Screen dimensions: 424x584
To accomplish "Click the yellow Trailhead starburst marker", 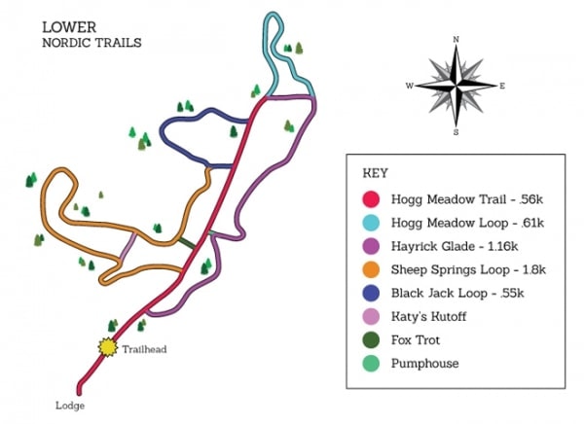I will pyautogui.click(x=105, y=346).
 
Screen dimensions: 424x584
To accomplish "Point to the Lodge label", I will pyautogui.click(x=70, y=405).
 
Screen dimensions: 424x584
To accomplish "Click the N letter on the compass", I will pyautogui.click(x=456, y=40).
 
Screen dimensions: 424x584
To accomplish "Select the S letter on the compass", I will pyautogui.click(x=456, y=131).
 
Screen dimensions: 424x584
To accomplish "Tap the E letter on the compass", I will pyautogui.click(x=502, y=87).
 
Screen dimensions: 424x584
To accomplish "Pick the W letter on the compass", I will pyautogui.click(x=410, y=87).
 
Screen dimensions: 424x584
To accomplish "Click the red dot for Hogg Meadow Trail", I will pyautogui.click(x=372, y=199).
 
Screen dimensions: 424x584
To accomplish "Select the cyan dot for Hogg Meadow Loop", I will pyautogui.click(x=372, y=223).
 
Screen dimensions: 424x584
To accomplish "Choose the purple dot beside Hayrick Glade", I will pyautogui.click(x=372, y=246).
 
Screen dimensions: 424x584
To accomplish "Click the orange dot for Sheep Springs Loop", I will pyautogui.click(x=372, y=269).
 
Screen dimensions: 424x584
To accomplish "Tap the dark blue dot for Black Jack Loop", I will pyautogui.click(x=372, y=293).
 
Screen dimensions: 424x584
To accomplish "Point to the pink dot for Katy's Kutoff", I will pyautogui.click(x=372, y=316).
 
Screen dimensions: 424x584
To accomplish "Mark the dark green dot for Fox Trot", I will pyautogui.click(x=372, y=339).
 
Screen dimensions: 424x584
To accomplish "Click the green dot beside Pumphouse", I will pyautogui.click(x=372, y=363).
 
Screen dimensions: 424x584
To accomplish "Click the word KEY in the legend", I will pyautogui.click(x=376, y=173).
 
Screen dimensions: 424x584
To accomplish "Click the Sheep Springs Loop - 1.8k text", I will pyautogui.click(x=468, y=269).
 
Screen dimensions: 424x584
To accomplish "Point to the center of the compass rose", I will pyautogui.click(x=456, y=86).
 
